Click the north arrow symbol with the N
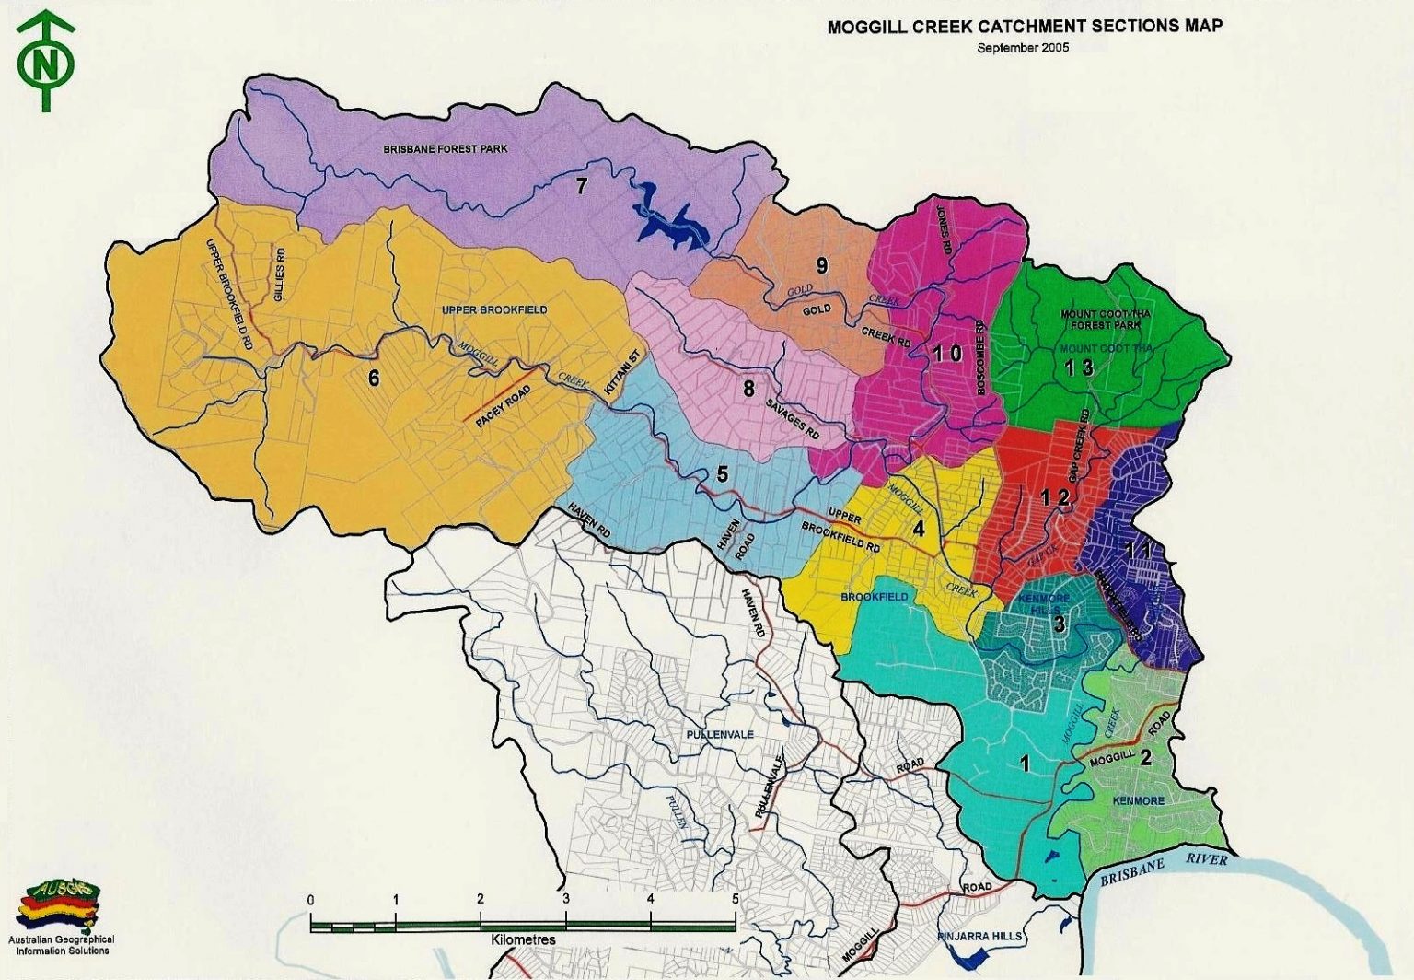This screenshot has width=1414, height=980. [45, 62]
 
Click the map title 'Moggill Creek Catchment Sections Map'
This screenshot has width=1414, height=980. [1024, 27]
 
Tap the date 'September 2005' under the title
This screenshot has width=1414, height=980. [1023, 48]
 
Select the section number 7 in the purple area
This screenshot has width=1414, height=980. [581, 185]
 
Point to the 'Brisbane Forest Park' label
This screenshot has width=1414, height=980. [446, 149]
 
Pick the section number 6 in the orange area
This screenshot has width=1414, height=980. [374, 378]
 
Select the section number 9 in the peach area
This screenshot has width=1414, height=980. [821, 265]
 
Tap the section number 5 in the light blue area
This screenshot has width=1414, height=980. [723, 474]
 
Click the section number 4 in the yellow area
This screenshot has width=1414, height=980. [918, 529]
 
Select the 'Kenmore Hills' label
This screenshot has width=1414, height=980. [1045, 603]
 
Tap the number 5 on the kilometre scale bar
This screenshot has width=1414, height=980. [735, 899]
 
